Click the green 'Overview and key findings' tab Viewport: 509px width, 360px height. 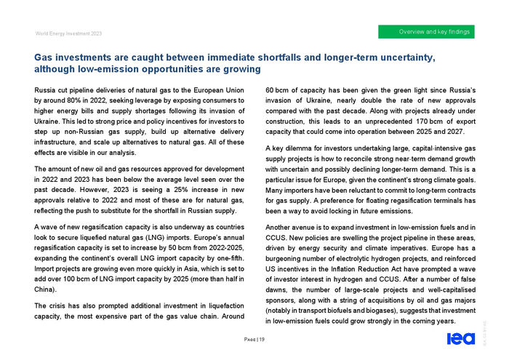coord(435,31)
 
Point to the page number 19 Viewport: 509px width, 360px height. coord(261,340)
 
